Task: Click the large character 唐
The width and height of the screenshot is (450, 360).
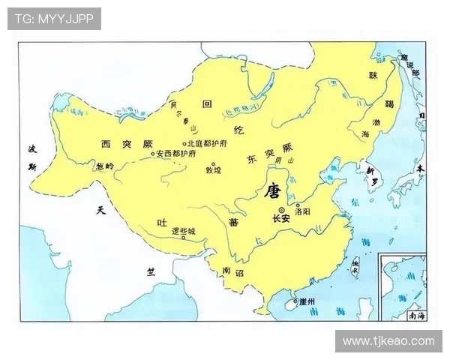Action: (x=271, y=192)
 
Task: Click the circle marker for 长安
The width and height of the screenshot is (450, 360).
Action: (x=281, y=209)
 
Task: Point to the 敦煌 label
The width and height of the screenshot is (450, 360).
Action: (x=214, y=171)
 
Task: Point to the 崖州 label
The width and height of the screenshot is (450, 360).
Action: (x=307, y=301)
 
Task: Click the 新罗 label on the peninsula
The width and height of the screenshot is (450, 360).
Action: (x=373, y=172)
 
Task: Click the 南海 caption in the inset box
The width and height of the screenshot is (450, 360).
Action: (x=416, y=316)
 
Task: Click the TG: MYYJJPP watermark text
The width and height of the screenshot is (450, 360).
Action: (x=54, y=19)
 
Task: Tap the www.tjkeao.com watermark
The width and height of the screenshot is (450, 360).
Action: (x=388, y=341)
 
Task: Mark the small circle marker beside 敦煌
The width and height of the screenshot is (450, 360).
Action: (x=213, y=163)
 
